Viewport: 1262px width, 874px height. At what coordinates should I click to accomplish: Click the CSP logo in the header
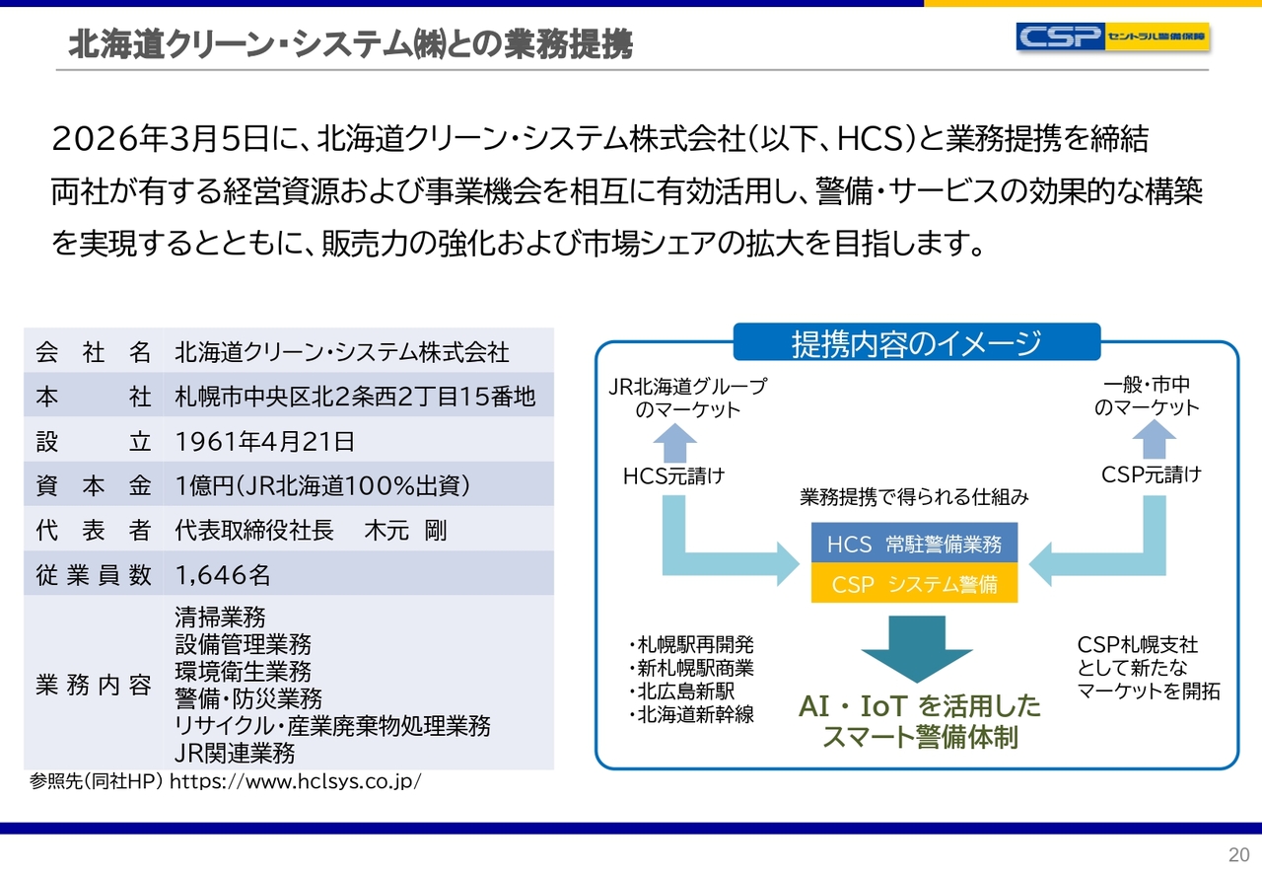point(1112,36)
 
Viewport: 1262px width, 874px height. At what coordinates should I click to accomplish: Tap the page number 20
point(1238,854)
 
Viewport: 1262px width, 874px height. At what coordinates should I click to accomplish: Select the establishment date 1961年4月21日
point(264,441)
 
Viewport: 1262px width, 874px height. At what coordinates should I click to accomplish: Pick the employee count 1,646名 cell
point(223,574)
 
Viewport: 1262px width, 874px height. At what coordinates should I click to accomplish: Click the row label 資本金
point(94,485)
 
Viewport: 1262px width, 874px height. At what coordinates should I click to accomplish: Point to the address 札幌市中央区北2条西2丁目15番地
point(355,397)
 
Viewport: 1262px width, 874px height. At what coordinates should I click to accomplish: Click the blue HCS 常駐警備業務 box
point(914,544)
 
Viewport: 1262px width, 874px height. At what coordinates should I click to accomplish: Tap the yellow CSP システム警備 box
point(914,584)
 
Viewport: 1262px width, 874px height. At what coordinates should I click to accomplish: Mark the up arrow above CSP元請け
point(1152,443)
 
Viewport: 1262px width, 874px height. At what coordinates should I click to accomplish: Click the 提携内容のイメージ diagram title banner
point(916,343)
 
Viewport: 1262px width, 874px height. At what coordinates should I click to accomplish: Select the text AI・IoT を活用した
point(919,706)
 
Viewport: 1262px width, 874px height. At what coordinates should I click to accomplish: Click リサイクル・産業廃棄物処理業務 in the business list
point(332,727)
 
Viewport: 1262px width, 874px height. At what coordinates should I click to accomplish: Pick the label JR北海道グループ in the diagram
point(687,386)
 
